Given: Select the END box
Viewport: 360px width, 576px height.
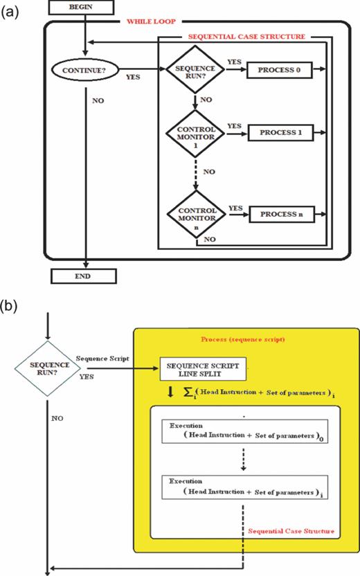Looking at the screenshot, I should click(x=83, y=277).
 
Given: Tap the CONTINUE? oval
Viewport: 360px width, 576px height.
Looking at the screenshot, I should click(x=83, y=70).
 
